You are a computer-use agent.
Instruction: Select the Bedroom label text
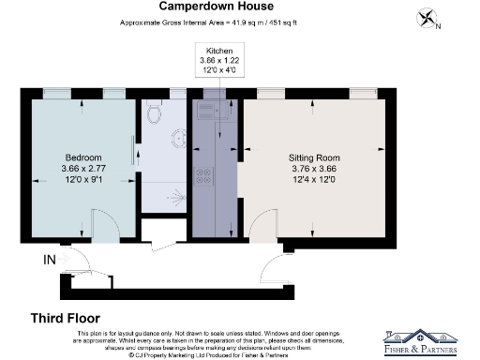(x=83, y=157)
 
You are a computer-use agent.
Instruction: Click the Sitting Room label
(x=313, y=157)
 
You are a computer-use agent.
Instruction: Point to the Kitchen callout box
(x=214, y=59)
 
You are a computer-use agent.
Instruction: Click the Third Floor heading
(x=66, y=317)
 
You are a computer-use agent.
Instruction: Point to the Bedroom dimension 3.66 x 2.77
(x=83, y=169)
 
